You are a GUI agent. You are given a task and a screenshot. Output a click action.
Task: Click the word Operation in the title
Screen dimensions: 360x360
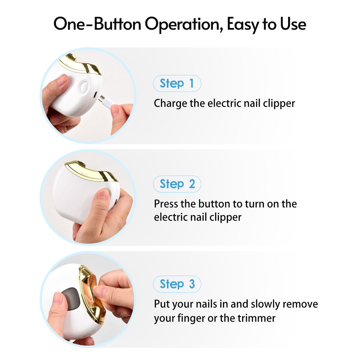tap(184, 25)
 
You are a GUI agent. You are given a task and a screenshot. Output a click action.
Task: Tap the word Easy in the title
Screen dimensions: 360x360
tap(243, 25)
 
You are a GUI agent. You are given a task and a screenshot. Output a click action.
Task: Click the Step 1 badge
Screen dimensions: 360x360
tap(177, 83)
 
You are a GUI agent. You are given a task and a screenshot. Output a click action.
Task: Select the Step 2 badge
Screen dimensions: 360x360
tap(177, 184)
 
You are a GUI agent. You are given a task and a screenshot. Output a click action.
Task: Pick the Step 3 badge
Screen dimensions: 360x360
tap(177, 284)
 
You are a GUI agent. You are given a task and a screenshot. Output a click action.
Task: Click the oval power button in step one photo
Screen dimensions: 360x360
tap(84, 87)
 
